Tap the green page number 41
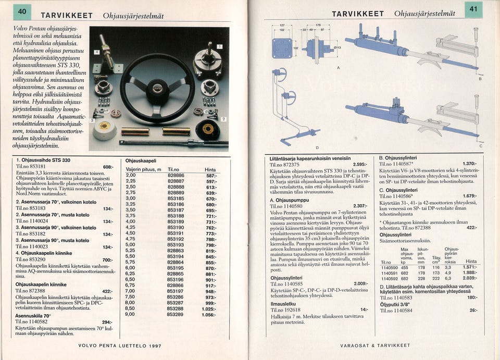click(x=473, y=9)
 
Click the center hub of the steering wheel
click(x=157, y=88)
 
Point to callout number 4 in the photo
click(x=96, y=53)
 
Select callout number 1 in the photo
click(x=220, y=46)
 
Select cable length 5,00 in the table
click(x=131, y=244)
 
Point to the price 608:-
click(x=108, y=167)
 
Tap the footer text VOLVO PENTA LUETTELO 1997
click(x=119, y=345)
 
